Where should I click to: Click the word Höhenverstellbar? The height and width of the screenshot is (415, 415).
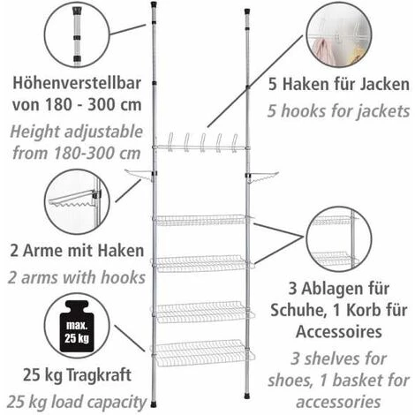77,83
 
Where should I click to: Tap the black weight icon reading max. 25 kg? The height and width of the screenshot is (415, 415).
77,326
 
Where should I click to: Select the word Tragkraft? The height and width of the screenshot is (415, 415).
99,375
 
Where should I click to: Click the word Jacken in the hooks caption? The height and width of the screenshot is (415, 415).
384,84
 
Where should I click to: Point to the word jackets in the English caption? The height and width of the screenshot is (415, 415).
383,111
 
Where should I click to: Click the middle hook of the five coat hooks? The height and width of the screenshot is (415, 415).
203,143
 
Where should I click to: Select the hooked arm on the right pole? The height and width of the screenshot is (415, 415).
262,177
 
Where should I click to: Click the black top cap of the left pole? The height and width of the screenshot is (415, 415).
154,4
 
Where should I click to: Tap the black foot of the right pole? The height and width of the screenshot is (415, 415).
247,396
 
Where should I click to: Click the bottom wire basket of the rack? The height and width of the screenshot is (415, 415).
202,353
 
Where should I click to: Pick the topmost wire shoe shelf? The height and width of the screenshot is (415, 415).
202,220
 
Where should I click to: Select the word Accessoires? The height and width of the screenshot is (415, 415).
339,331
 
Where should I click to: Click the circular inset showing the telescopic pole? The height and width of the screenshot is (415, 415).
77,34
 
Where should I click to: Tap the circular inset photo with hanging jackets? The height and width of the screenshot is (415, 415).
339,34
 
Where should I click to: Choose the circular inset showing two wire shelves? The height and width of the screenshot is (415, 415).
339,239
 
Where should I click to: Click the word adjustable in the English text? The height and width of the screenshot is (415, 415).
103,132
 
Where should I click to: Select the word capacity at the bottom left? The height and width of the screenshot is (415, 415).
118,403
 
